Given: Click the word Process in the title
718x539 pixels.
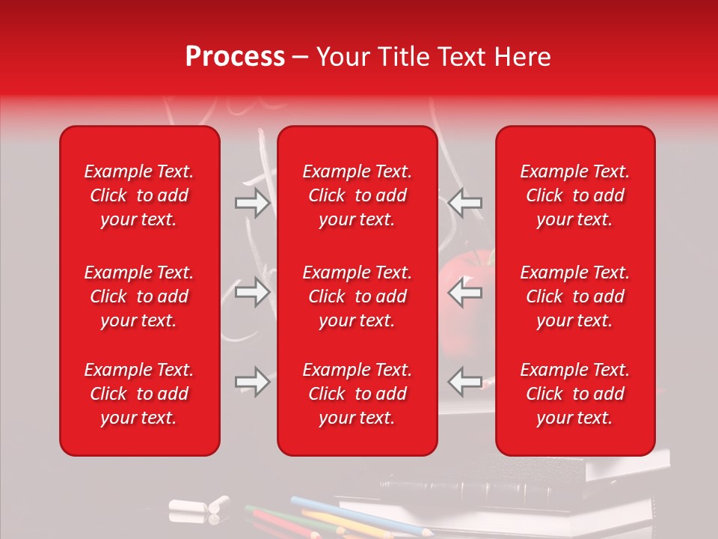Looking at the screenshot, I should click(x=235, y=57).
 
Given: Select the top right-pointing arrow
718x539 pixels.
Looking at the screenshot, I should click(x=253, y=202).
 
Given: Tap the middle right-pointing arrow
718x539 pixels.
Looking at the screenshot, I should click(x=253, y=293).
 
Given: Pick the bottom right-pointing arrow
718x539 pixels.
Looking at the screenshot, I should click(x=253, y=382).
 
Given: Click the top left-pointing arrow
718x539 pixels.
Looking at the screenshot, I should click(x=465, y=202).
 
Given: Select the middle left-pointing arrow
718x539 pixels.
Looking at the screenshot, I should click(x=465, y=293).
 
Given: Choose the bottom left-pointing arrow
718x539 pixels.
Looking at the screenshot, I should click(x=465, y=382).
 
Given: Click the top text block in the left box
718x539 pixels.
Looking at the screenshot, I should click(x=139, y=195).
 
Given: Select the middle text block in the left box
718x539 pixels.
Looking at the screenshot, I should click(x=139, y=296).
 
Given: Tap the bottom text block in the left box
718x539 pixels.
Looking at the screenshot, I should click(x=139, y=394).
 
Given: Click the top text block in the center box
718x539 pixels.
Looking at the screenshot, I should click(x=357, y=195).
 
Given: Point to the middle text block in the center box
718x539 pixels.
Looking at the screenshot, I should click(x=357, y=296).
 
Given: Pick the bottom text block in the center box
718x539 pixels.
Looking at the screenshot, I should click(x=357, y=394).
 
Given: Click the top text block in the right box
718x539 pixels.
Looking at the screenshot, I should click(x=574, y=195).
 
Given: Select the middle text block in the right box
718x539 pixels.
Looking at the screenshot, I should click(x=574, y=296).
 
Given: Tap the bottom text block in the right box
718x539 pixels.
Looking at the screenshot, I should click(x=574, y=394).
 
